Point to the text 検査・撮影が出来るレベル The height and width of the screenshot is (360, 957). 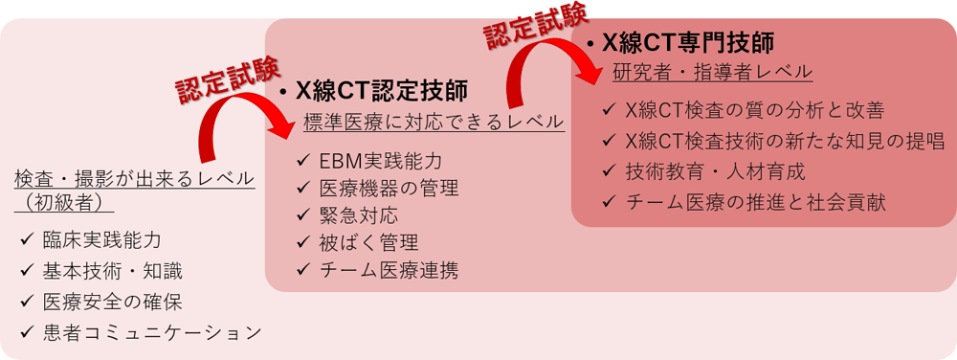coord(135,179)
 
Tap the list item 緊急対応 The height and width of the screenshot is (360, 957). coord(359,215)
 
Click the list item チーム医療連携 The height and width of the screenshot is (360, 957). coord(389,271)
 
